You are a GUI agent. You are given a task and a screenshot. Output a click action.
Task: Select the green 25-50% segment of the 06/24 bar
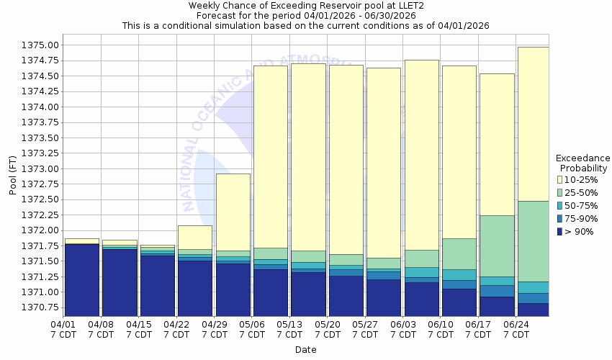(x=534, y=240)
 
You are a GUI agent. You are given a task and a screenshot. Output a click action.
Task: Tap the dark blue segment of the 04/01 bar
(x=81, y=280)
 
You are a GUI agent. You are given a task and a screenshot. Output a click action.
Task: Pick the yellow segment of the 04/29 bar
(x=233, y=212)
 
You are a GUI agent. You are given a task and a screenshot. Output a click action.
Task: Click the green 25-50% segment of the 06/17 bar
(x=497, y=246)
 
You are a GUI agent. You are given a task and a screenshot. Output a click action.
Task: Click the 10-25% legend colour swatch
(x=559, y=179)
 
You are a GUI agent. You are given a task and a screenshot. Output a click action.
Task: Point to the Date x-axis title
(x=305, y=349)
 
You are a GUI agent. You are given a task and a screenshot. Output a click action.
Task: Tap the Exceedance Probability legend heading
(x=583, y=163)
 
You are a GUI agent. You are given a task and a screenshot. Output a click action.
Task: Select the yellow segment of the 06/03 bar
(x=421, y=155)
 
